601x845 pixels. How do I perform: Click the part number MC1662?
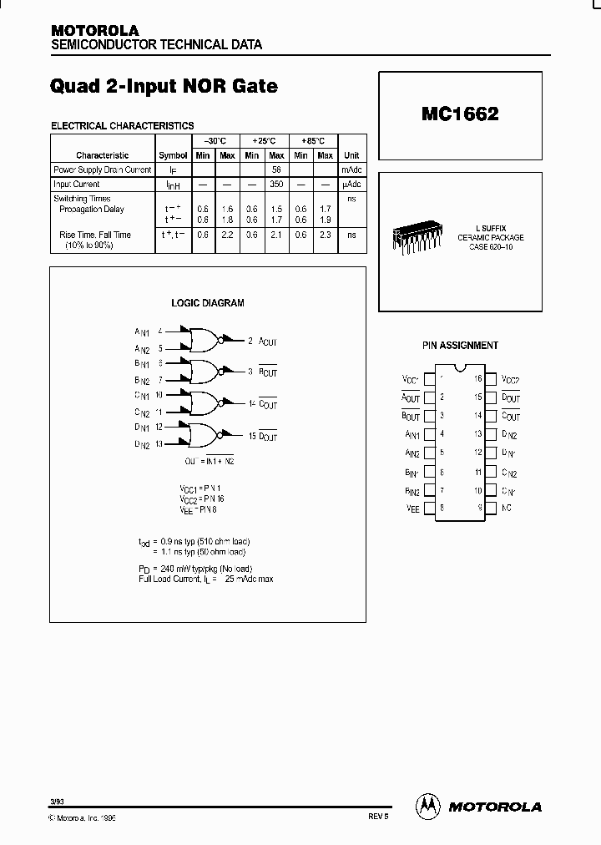pos(460,115)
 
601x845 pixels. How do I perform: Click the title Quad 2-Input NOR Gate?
pos(164,86)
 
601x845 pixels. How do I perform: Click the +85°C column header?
pos(313,141)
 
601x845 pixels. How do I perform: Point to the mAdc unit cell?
pos(352,170)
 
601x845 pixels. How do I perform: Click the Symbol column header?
pos(173,155)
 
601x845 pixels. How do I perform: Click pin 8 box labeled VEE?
pos(429,507)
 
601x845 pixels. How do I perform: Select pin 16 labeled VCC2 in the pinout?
pos(491,379)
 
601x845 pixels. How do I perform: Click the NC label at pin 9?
pos(507,507)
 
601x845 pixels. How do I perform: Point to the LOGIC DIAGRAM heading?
pos(208,303)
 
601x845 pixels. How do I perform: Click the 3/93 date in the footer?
pos(56,801)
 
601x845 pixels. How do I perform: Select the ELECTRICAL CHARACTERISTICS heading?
pos(123,125)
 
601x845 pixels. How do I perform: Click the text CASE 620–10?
pos(490,247)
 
